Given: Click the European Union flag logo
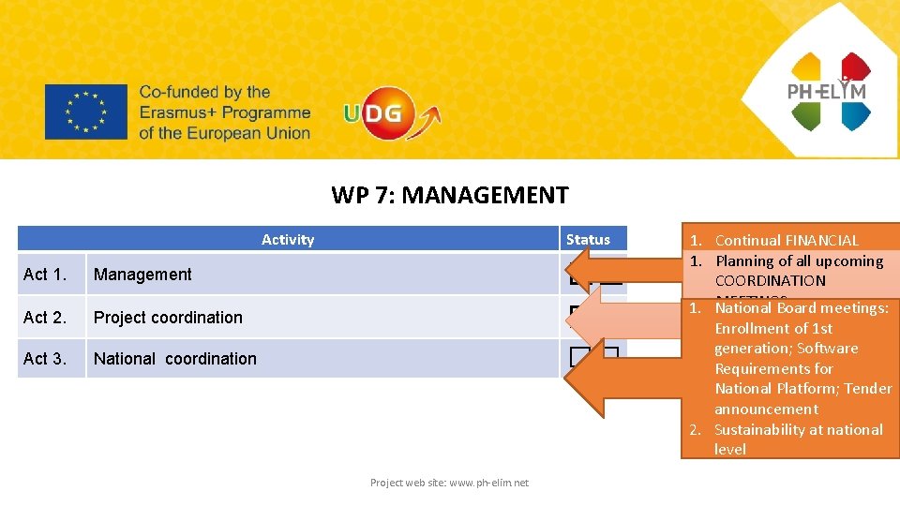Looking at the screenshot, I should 85,112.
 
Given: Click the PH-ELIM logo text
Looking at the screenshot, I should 826,91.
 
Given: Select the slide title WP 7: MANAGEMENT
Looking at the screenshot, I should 449,195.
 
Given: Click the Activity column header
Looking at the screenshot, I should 288,240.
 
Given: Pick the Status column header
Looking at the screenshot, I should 588,240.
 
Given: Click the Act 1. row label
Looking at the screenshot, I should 45,275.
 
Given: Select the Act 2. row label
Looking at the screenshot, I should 45,318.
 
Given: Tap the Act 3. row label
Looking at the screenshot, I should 45,359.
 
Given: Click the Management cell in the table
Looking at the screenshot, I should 142,275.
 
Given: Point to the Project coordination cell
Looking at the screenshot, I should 168,318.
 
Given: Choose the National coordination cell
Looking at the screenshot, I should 174,359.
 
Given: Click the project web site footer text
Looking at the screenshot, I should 449,483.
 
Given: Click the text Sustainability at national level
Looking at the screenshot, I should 797,439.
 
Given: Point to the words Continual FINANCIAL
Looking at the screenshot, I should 786,241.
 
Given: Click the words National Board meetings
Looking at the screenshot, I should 801,308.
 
